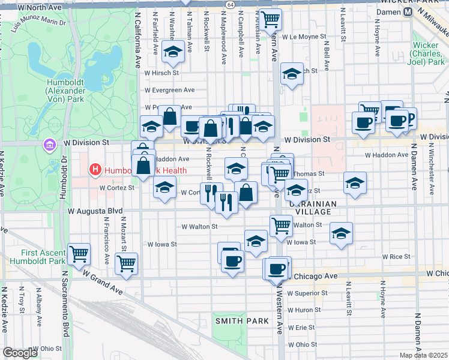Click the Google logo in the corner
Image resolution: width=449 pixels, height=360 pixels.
(20, 353)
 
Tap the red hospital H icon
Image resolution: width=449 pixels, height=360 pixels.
(95, 170)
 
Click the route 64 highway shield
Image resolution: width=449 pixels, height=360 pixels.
(231, 4)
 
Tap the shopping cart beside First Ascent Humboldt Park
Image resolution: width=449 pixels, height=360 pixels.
(79, 253)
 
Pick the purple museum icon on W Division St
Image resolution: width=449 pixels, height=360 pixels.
(49, 145)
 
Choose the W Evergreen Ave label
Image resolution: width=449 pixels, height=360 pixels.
(170, 90)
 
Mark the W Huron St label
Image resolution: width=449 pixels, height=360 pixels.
(304, 310)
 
